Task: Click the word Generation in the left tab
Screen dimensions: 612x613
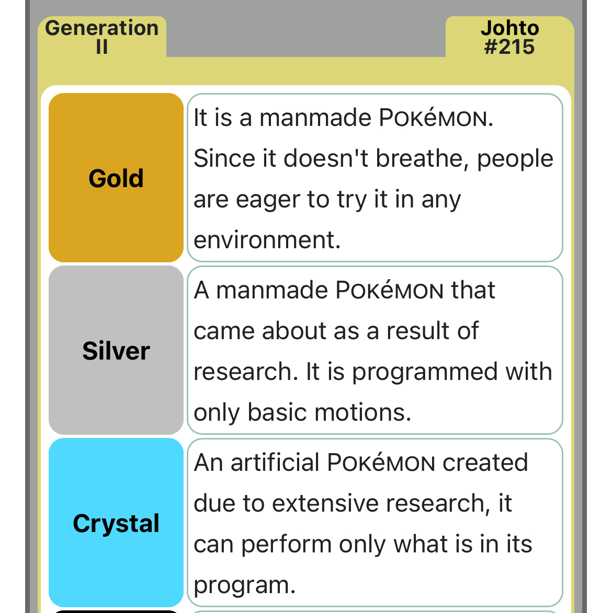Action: [102, 28]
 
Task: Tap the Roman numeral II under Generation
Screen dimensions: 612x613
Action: [102, 47]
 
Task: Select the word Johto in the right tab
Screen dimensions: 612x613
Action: [510, 28]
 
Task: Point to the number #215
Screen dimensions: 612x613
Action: [509, 47]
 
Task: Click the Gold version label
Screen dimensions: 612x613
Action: [116, 178]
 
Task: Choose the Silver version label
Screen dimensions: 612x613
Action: [116, 351]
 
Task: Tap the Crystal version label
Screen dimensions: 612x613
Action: [116, 523]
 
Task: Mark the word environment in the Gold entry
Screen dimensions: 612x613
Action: [267, 240]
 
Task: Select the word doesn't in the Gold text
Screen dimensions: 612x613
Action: [326, 158]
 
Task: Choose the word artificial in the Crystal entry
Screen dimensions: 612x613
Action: [275, 462]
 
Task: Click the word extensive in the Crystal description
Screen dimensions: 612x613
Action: [325, 503]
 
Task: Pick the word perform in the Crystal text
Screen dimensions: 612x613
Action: [286, 545]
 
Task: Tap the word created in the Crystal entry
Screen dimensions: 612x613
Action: [485, 462]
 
